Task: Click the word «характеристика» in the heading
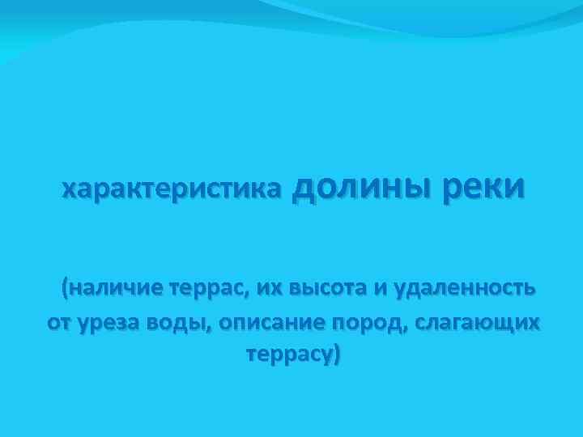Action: click(x=172, y=189)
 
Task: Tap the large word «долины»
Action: click(x=360, y=186)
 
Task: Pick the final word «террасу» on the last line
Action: click(x=287, y=356)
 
